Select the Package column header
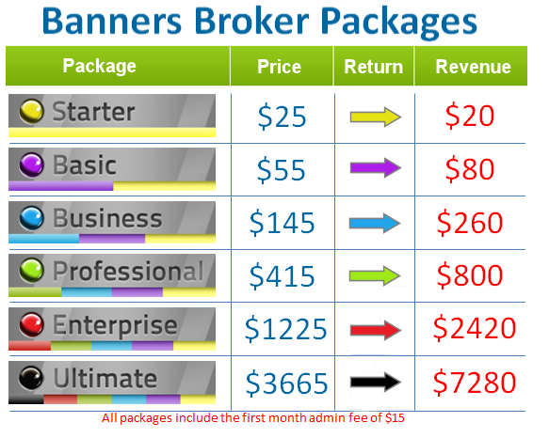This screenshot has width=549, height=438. tap(99, 66)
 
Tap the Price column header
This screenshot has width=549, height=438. tap(280, 67)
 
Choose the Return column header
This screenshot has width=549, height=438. tap(373, 67)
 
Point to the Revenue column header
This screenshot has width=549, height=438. tap(474, 67)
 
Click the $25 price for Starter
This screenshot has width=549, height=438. tap(281, 117)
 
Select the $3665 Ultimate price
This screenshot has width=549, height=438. tap(286, 383)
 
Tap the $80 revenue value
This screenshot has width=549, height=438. tap(470, 169)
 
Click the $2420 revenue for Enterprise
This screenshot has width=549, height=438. tap(475, 328)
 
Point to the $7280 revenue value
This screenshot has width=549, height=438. tap(475, 383)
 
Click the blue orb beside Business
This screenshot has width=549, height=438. tap(33, 219)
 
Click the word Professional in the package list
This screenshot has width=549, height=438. tap(127, 273)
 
